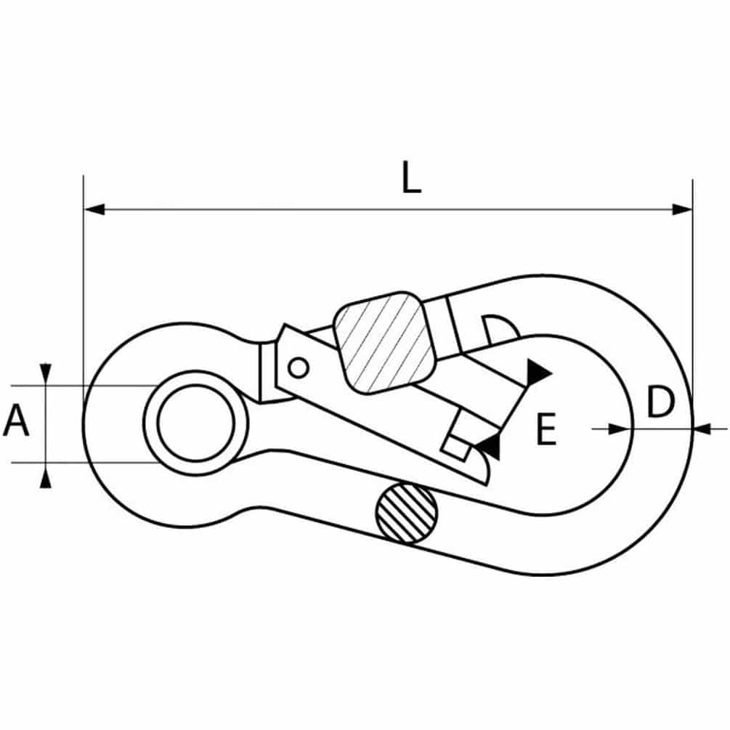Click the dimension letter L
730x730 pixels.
coord(411,177)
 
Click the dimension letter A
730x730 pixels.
coord(16,421)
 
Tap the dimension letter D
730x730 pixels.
coord(660,402)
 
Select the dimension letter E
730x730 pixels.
coord(546,429)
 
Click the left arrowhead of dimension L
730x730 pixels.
coord(94,209)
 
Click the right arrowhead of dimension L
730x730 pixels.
coord(682,209)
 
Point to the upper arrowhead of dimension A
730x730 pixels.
coord(45,374)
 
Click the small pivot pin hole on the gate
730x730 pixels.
coord(299,368)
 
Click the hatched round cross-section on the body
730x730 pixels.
coord(407,514)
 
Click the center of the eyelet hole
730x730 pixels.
coord(196,423)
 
